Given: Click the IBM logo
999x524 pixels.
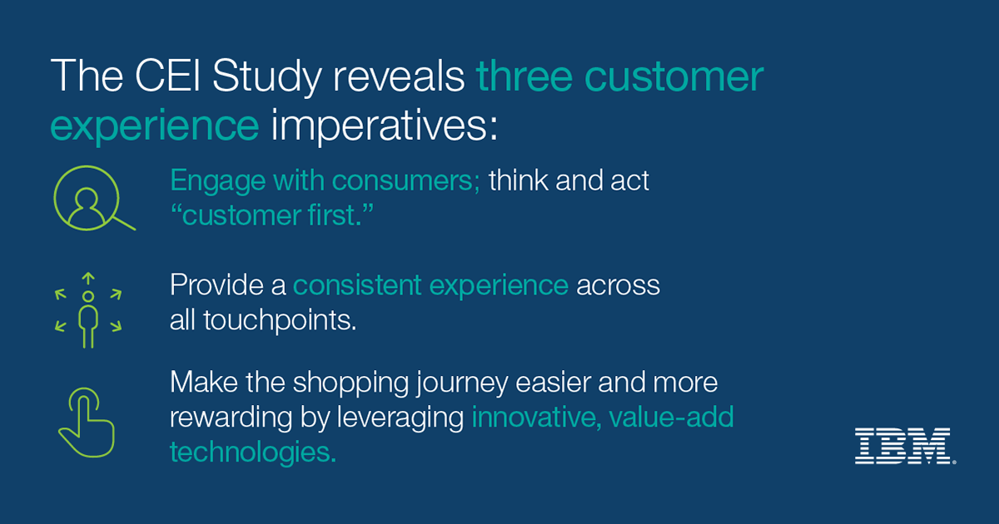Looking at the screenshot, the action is tap(904, 446).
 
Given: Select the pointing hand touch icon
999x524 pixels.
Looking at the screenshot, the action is tap(86, 423).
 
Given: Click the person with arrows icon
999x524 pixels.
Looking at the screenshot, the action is tap(88, 310).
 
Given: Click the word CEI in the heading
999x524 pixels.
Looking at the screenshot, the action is tap(167, 76).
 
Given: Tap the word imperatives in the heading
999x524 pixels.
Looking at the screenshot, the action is tap(384, 126).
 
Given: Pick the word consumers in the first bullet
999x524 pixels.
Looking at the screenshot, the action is tap(405, 181).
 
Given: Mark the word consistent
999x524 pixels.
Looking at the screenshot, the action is tap(357, 285).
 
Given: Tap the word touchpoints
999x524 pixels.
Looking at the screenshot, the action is tap(280, 320).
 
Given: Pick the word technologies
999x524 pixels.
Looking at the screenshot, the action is tap(253, 452).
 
